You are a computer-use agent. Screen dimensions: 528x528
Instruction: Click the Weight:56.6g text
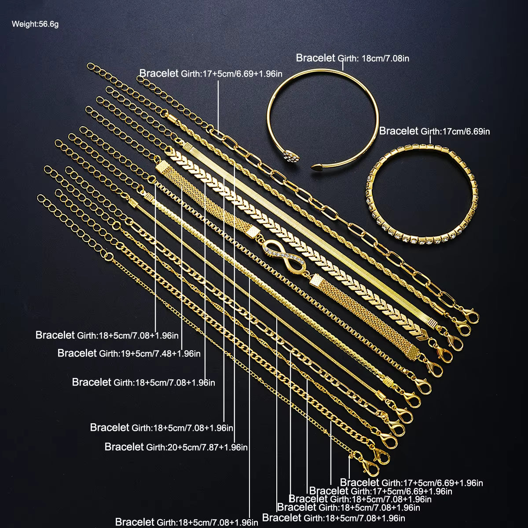point(35,24)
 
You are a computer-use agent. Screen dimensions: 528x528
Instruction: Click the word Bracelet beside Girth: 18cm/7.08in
point(315,58)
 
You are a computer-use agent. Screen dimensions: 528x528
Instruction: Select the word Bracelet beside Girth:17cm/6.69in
point(399,131)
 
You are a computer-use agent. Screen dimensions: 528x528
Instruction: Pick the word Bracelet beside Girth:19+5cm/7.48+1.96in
point(77,353)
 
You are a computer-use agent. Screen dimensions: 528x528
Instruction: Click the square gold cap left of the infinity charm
point(253,232)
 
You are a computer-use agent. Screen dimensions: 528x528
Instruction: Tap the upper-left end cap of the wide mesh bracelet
point(163,168)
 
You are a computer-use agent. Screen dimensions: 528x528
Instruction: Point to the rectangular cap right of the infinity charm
point(316,281)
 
